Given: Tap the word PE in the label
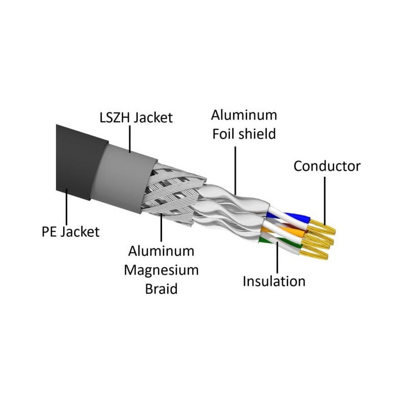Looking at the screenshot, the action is point(49,232).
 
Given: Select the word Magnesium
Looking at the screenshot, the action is point(161,270).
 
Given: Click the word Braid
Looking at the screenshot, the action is point(161,289).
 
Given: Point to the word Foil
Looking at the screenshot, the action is point(223,134).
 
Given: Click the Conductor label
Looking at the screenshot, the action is point(327,166).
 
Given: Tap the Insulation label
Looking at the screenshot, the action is point(274,281).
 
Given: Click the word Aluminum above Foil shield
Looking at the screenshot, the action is point(244,115).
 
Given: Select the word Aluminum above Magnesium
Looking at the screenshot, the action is point(161,251).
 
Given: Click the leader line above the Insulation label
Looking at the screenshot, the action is point(277,257).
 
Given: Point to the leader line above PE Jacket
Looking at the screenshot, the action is point(67,207).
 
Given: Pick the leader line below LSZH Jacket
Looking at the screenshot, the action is point(130,139).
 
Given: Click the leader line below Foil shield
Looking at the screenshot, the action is point(235,171).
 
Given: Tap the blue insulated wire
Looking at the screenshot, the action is point(288,218).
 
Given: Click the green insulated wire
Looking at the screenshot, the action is point(280,242).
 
